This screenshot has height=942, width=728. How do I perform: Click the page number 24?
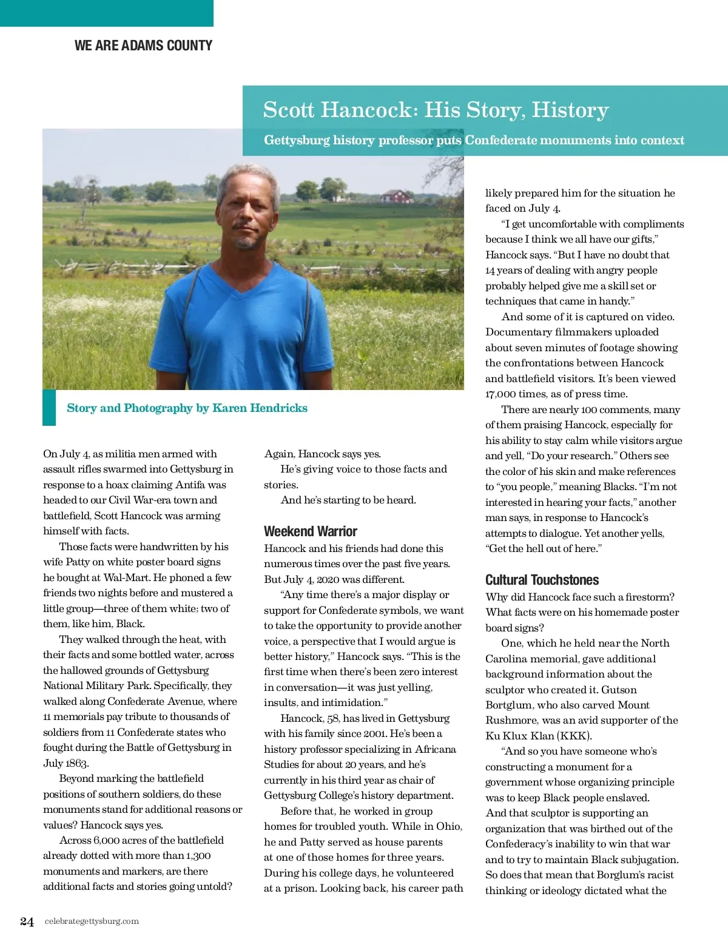pyautogui.click(x=27, y=921)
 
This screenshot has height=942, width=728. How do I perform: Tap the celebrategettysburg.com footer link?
pyautogui.click(x=92, y=921)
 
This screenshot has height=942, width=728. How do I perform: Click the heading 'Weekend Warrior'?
pyautogui.click(x=310, y=531)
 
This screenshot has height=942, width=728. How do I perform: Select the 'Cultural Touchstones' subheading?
pyautogui.click(x=542, y=580)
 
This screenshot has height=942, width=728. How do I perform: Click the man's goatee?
pyautogui.click(x=246, y=243)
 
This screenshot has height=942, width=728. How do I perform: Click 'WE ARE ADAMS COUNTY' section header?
pyautogui.click(x=143, y=45)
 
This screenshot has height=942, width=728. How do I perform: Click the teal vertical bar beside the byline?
pyautogui.click(x=49, y=407)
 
